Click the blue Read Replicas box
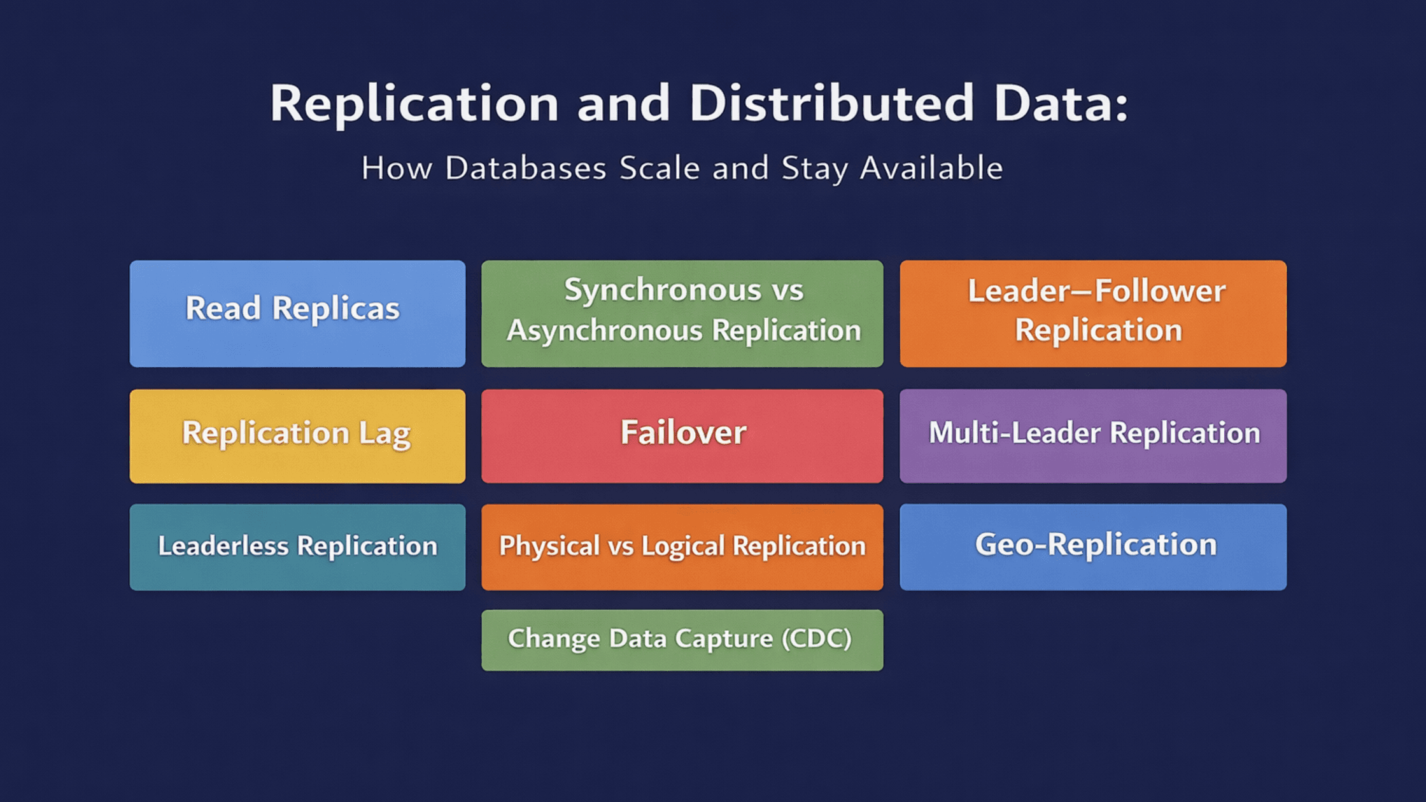[297, 313]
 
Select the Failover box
[682, 435]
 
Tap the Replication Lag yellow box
[297, 436]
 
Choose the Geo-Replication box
[1092, 547]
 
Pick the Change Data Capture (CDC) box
[682, 640]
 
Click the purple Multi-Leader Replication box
[1092, 436]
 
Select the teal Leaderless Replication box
[297, 547]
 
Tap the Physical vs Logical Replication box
[682, 547]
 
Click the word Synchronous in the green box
[662, 291]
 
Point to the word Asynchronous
[605, 330]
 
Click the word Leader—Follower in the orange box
[1096, 291]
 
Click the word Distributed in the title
[831, 103]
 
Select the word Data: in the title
[1060, 103]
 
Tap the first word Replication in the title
[414, 103]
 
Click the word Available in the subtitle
[931, 169]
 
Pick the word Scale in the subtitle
[660, 169]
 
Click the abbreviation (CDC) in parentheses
[816, 638]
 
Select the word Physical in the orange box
[549, 546]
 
